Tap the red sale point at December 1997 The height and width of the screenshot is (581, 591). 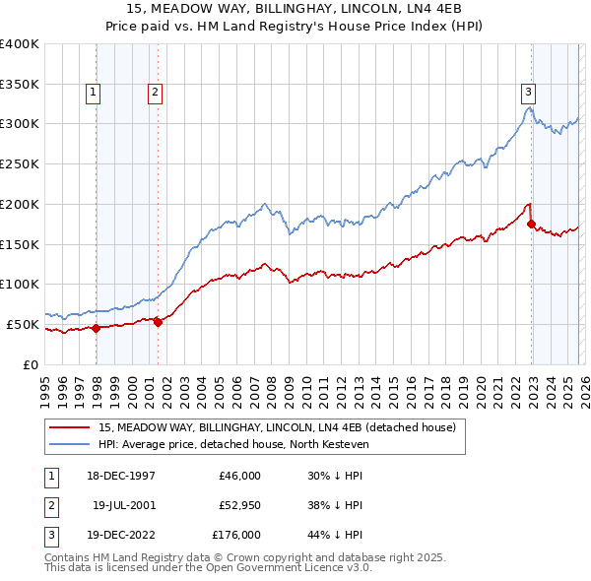click(97, 329)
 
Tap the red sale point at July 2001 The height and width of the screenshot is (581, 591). click(159, 322)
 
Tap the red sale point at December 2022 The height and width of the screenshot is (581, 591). click(532, 224)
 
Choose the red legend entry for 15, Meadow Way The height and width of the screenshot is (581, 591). click(276, 428)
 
